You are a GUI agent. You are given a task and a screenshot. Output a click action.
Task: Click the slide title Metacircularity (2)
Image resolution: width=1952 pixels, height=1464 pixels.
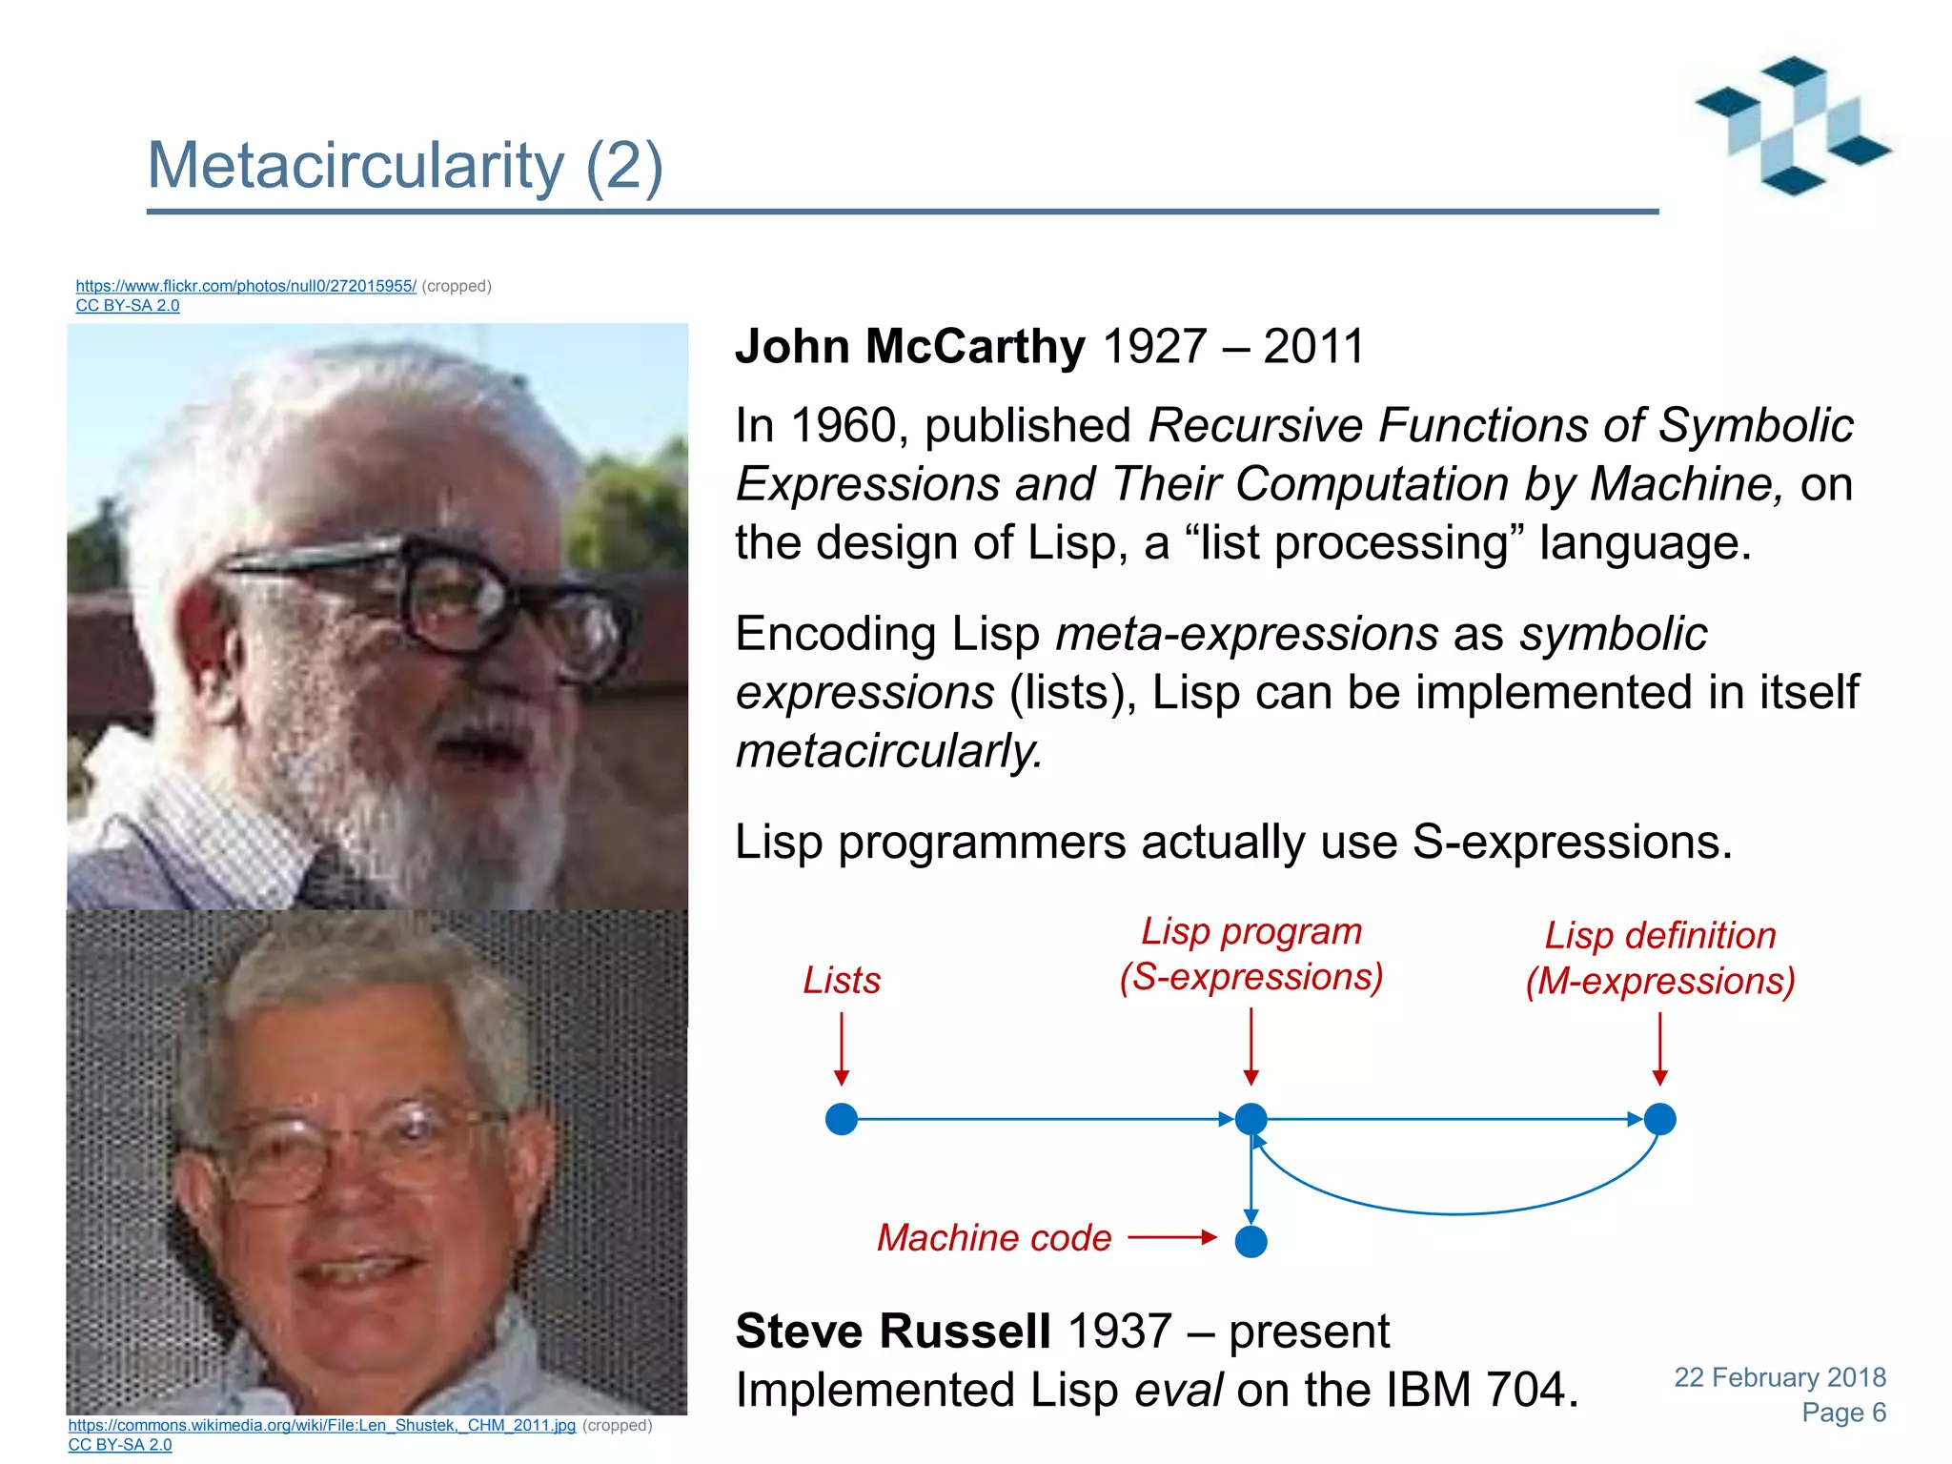pyautogui.click(x=405, y=166)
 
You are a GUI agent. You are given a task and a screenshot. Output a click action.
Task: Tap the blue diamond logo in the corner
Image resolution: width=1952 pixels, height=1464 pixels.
pyautogui.click(x=1792, y=126)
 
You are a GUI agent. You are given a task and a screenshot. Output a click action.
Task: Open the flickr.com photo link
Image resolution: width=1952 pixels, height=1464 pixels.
pyautogui.click(x=246, y=286)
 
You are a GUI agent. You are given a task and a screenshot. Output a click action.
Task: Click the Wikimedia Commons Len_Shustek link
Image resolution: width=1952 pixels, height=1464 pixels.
pyautogui.click(x=321, y=1425)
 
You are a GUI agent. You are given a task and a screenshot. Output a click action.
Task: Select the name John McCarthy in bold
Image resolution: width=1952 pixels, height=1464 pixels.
pyautogui.click(x=909, y=346)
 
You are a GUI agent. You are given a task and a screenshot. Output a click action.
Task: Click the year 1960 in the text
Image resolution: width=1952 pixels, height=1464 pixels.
pyautogui.click(x=843, y=425)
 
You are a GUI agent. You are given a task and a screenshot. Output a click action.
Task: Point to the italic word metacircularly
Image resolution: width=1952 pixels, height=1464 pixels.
pyautogui.click(x=889, y=751)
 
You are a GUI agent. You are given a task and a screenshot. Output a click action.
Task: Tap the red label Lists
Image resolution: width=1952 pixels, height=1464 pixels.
pyautogui.click(x=841, y=981)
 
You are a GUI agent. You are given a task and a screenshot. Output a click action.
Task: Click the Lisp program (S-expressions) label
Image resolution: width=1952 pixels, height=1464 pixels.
pyautogui.click(x=1250, y=954)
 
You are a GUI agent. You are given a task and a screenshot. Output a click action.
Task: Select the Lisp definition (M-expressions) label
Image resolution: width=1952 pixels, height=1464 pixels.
pyautogui.click(x=1659, y=959)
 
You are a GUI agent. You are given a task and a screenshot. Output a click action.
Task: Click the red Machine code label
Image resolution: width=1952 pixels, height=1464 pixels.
pyautogui.click(x=993, y=1238)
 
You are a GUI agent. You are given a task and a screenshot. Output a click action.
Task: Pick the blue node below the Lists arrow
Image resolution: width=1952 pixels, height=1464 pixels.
pyautogui.click(x=842, y=1119)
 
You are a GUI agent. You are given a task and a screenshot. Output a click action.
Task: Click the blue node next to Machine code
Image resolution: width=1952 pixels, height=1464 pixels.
pyautogui.click(x=1250, y=1242)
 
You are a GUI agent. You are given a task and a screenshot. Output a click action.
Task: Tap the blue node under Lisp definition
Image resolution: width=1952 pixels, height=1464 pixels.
pyautogui.click(x=1659, y=1119)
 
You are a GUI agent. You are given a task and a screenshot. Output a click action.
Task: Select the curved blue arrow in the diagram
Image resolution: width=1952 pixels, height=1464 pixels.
pyautogui.click(x=1456, y=1212)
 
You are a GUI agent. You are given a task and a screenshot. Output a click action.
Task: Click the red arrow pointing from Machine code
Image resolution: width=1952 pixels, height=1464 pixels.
pyautogui.click(x=1171, y=1238)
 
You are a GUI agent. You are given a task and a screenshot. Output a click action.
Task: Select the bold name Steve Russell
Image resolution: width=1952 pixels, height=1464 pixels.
pyautogui.click(x=893, y=1332)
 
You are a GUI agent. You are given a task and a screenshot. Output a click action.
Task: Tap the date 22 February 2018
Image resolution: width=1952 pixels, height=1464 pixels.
pyautogui.click(x=1779, y=1377)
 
